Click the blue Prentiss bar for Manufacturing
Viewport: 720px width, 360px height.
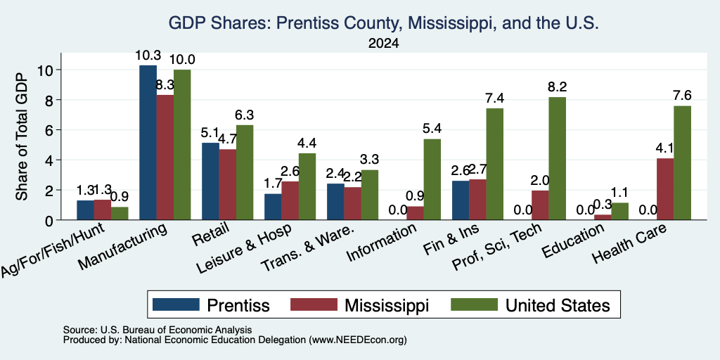pyautogui.click(x=148, y=143)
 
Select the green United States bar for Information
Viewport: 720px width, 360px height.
pyautogui.click(x=432, y=179)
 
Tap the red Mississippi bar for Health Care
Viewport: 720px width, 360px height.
pyautogui.click(x=665, y=189)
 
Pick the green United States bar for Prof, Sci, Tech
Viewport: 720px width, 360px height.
pyautogui.click(x=557, y=158)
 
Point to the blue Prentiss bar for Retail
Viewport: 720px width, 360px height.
pyautogui.click(x=210, y=181)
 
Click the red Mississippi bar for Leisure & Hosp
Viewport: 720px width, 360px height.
pyautogui.click(x=290, y=200)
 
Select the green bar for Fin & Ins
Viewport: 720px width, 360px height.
pyautogui.click(x=494, y=165)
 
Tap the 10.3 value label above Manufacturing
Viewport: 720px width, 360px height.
pyautogui.click(x=148, y=56)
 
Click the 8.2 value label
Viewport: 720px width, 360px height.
pyautogui.click(x=557, y=86)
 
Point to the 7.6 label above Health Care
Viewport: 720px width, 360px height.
pyautogui.click(x=682, y=96)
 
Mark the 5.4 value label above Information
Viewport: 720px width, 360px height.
pyautogui.click(x=432, y=129)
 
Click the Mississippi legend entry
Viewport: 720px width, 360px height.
pyautogui.click(x=360, y=305)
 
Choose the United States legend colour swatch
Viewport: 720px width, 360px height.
pyautogui.click(x=474, y=304)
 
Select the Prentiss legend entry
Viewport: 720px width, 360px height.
pyautogui.click(x=211, y=305)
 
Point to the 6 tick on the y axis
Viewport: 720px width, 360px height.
pyautogui.click(x=50, y=130)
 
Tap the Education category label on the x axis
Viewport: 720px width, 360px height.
pyautogui.click(x=572, y=242)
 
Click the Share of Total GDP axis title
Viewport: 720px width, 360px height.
pyautogui.click(x=22, y=136)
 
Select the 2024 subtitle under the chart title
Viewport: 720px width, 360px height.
pyautogui.click(x=383, y=44)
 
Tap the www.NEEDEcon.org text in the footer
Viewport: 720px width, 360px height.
pyautogui.click(x=358, y=340)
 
